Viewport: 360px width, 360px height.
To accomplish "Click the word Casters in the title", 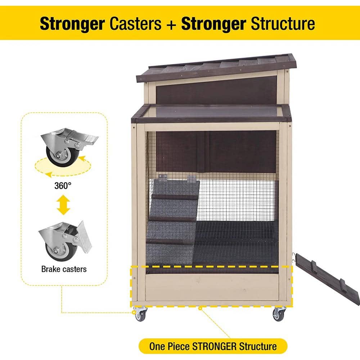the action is point(135,23).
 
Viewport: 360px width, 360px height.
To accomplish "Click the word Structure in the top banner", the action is point(283,23).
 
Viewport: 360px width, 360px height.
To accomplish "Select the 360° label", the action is point(63,185).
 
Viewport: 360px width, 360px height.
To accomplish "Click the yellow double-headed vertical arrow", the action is point(63,205).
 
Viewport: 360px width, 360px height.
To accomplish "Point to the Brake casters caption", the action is point(64,269).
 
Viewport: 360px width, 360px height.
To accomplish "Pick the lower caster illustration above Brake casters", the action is point(65,241).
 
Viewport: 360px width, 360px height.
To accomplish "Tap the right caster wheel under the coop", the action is point(279,314).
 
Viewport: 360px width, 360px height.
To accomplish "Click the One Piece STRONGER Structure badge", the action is point(213,346).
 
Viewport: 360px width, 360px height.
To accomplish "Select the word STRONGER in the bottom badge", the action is point(214,346).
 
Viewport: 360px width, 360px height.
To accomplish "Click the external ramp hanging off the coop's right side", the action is point(328,278).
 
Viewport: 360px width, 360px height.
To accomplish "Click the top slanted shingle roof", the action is point(216,68).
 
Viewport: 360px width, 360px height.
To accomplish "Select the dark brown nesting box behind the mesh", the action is point(216,152).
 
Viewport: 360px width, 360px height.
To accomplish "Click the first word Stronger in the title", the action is point(72,24).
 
